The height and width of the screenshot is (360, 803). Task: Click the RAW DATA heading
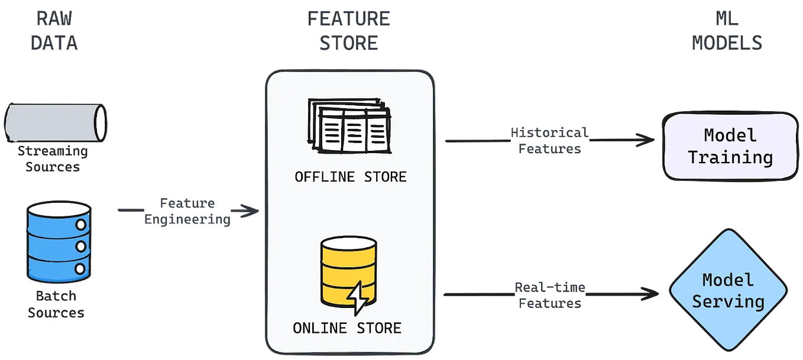click(x=54, y=31)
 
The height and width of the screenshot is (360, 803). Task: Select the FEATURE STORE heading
click(x=349, y=31)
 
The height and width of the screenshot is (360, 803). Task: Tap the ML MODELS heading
click(x=728, y=31)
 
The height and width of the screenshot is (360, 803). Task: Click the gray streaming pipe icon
click(x=54, y=121)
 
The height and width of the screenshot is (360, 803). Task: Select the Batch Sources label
click(x=57, y=302)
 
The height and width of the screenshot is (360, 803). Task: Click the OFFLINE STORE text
click(x=351, y=177)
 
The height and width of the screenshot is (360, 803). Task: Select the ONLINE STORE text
click(x=347, y=327)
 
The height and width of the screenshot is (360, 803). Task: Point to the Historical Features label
click(x=549, y=141)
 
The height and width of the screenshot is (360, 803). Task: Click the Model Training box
click(x=730, y=146)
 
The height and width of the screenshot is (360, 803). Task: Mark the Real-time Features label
click(x=549, y=296)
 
